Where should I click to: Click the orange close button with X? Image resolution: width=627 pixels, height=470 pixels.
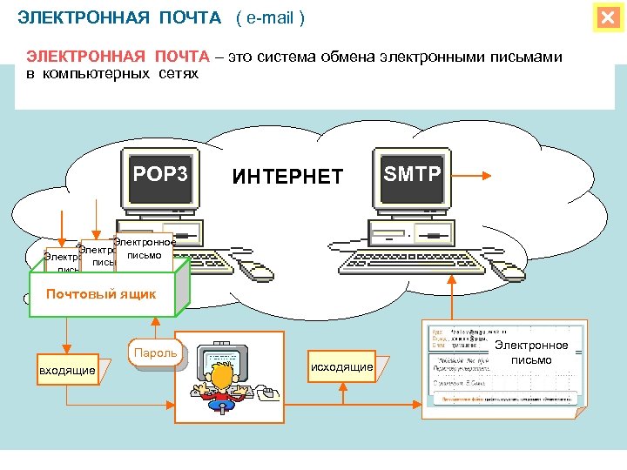(607, 17)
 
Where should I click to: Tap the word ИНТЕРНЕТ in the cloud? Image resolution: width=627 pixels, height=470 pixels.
(287, 178)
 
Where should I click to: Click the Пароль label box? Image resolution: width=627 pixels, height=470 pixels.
(157, 352)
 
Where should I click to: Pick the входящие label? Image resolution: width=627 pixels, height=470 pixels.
(67, 372)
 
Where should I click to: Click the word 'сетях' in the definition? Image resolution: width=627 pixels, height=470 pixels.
(179, 74)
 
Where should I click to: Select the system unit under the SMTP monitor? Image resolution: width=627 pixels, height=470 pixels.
(409, 232)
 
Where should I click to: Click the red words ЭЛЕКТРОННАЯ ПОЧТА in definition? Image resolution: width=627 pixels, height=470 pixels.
(118, 57)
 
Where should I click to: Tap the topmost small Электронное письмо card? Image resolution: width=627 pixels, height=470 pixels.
(145, 248)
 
